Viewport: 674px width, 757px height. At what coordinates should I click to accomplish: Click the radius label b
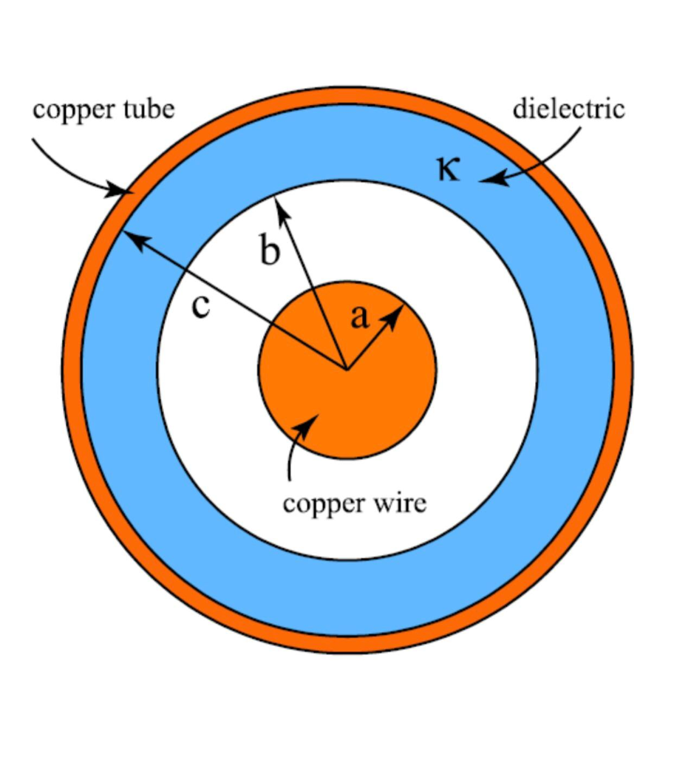tap(270, 252)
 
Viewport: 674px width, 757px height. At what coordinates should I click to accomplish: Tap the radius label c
tap(200, 306)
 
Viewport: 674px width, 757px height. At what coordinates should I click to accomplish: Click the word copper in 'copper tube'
tap(69, 111)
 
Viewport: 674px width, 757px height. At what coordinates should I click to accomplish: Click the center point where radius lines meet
tap(346, 367)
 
